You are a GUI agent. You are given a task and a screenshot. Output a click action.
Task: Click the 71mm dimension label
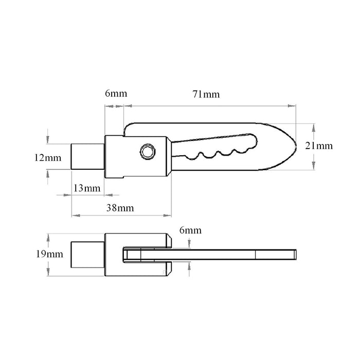click(206, 94)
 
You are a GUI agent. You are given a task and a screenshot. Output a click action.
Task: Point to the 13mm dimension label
click(86, 188)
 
